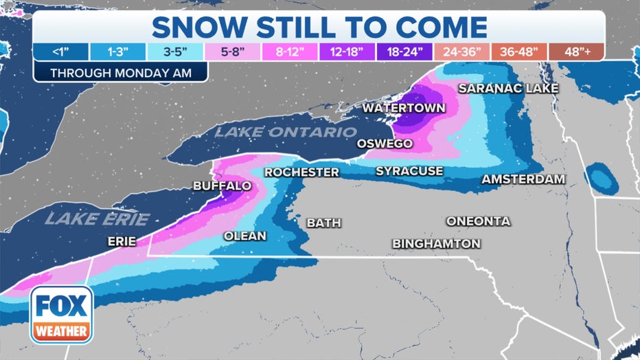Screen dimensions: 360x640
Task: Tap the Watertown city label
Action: coord(404,108)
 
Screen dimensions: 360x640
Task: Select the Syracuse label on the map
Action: coord(409,171)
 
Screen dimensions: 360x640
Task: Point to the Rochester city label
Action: coord(302,172)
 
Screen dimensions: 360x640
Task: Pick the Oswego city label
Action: coord(385,144)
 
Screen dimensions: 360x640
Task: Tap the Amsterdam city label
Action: coord(523,179)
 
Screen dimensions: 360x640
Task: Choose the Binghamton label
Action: coord(436,244)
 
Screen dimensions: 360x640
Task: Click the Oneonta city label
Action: coord(478,221)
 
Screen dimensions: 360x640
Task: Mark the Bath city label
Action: coord(323,223)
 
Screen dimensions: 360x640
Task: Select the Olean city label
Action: coord(244,236)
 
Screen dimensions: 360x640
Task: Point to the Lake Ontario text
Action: coord(286,132)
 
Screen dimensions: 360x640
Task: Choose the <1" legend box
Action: coord(60,52)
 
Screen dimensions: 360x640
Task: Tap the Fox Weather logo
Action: coord(61,314)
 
